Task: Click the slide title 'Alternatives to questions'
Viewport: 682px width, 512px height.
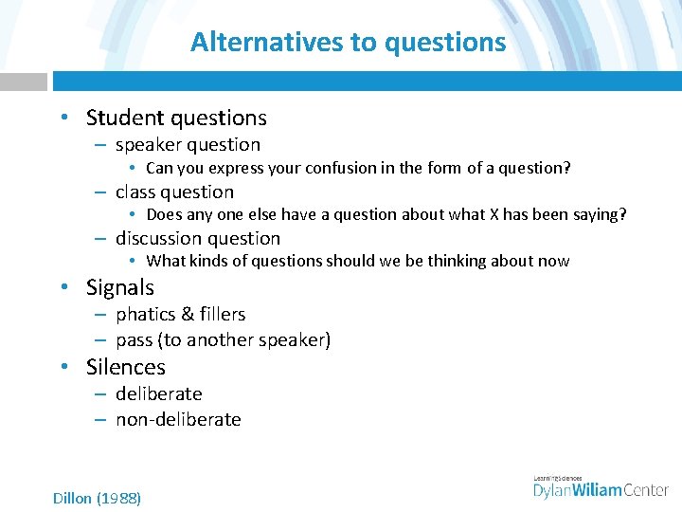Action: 348,43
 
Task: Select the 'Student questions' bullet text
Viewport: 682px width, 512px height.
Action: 176,118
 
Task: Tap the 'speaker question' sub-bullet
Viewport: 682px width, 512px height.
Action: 188,145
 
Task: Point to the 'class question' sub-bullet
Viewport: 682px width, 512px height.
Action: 174,192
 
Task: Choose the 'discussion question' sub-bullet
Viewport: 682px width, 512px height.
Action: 198,238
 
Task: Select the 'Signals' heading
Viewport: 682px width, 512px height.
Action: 119,287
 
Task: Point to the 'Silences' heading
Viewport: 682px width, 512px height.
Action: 125,367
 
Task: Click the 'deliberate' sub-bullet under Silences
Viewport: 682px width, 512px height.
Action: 158,393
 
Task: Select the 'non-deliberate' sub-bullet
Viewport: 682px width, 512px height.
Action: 178,419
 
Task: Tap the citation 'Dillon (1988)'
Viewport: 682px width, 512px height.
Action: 97,498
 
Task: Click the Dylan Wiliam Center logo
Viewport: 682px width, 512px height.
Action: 601,487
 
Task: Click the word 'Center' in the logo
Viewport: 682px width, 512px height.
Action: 646,489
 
